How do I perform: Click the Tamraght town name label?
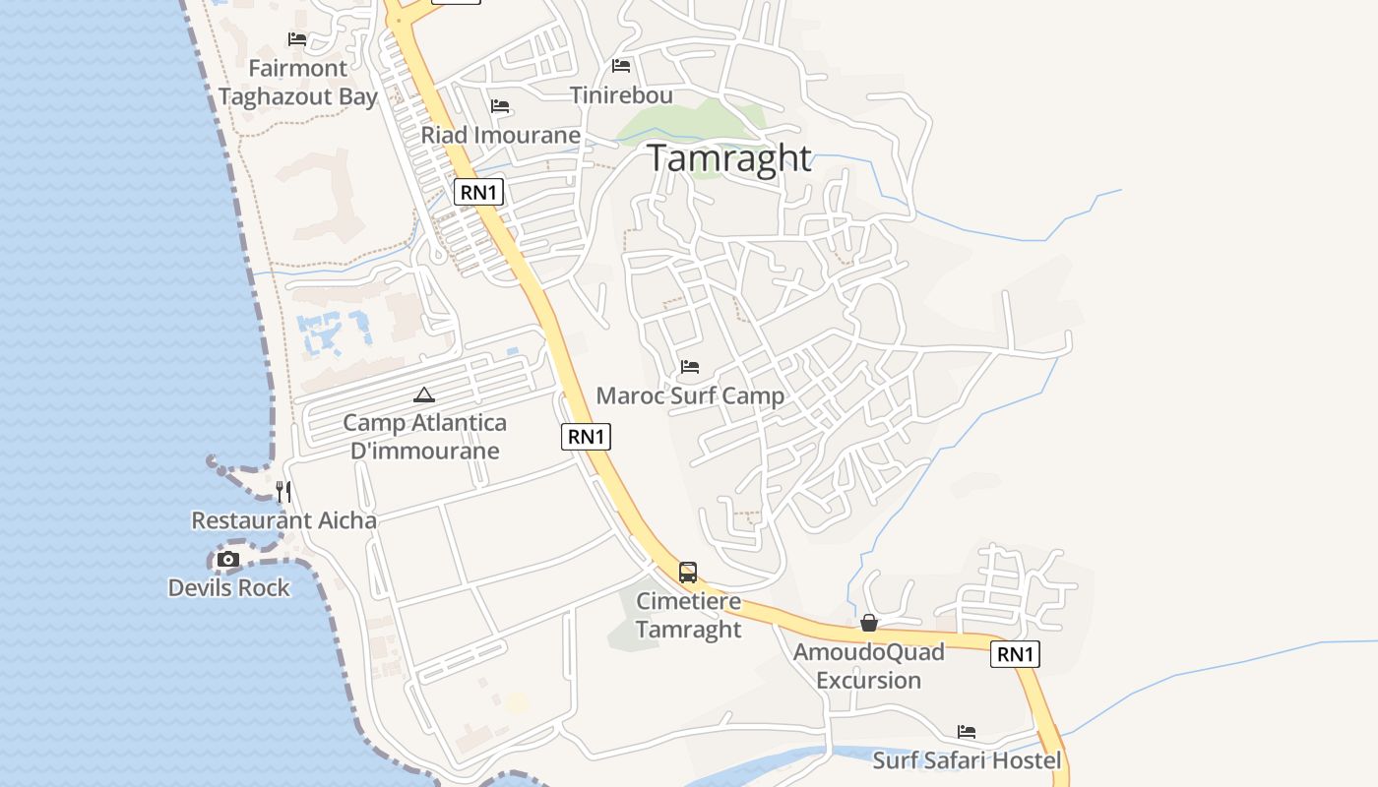(x=729, y=158)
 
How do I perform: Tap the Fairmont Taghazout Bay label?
(x=298, y=83)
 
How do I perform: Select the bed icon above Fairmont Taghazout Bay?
(x=297, y=39)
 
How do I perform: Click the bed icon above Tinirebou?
(x=621, y=66)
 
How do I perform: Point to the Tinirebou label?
(x=621, y=95)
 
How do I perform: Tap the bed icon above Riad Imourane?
(x=500, y=106)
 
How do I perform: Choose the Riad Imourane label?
(x=500, y=135)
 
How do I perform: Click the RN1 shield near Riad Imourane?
(x=479, y=192)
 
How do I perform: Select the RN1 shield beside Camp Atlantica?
(x=586, y=437)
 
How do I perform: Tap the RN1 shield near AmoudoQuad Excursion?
(x=1015, y=654)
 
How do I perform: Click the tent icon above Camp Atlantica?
(x=424, y=395)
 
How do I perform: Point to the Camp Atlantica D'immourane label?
(x=424, y=437)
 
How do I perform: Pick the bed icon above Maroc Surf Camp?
(x=690, y=368)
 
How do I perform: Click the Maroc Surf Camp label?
(x=690, y=396)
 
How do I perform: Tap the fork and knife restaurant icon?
(x=283, y=492)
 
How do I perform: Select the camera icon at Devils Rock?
(x=228, y=560)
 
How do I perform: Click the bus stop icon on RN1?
(x=688, y=573)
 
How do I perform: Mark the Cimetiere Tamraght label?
(x=688, y=615)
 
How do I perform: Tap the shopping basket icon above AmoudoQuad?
(x=869, y=623)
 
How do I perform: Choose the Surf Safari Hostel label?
(x=967, y=760)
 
